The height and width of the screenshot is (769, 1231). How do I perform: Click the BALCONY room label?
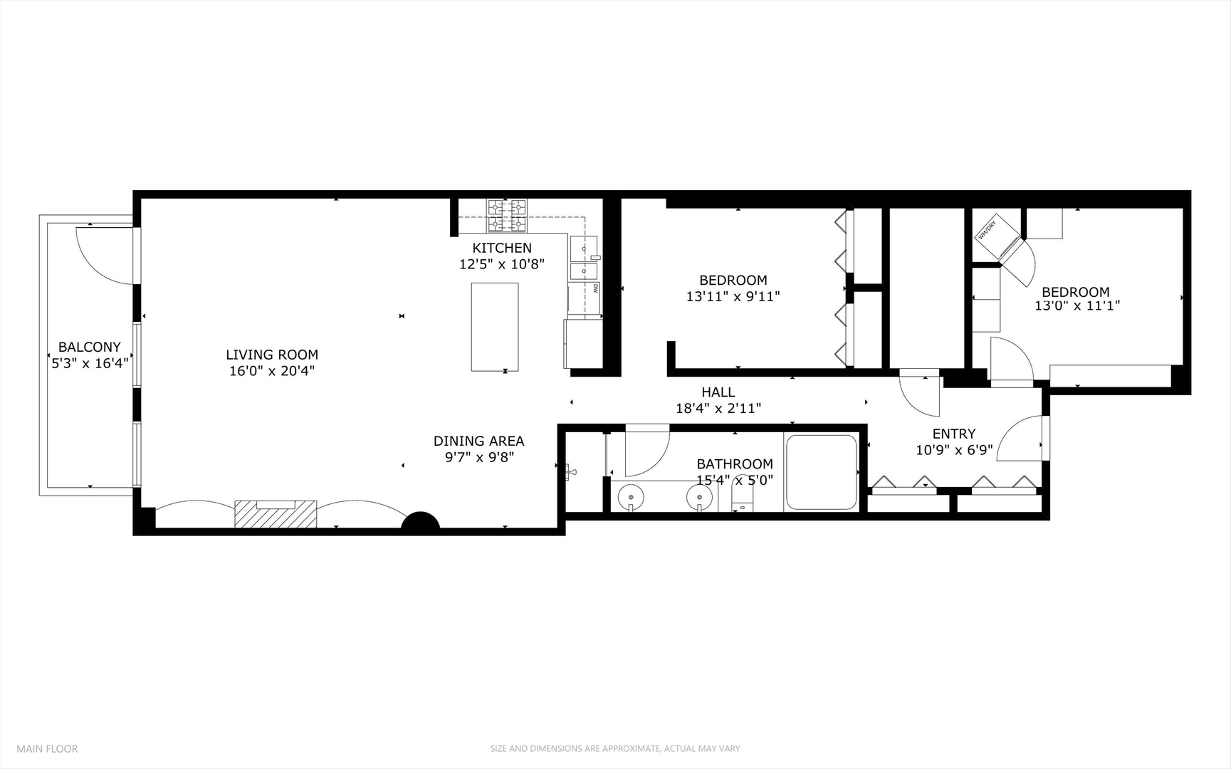point(89,347)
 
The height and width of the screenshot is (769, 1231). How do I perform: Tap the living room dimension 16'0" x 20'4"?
point(271,371)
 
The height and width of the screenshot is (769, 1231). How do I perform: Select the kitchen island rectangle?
point(494,327)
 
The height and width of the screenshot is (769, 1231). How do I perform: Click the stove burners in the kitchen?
point(507,216)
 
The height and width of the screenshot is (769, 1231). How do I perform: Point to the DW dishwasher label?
point(595,288)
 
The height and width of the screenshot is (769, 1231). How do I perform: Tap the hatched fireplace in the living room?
point(275,514)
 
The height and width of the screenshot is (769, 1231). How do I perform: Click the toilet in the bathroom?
point(742,495)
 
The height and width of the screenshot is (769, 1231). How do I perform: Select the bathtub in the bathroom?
point(821,472)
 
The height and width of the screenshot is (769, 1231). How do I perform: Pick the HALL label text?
point(718,392)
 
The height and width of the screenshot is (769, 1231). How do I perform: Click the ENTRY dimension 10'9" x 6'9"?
point(954,450)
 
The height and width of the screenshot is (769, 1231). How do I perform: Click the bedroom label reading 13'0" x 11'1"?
point(1077,305)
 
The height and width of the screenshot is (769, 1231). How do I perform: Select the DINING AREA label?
point(478,441)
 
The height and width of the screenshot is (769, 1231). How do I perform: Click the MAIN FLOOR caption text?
point(47,748)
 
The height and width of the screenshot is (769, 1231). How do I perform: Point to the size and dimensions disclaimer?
point(614,748)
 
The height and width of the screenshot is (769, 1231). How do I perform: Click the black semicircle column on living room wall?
point(421,522)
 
